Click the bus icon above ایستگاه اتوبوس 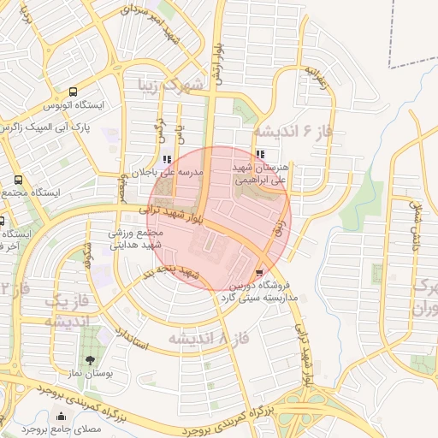(x=73, y=92)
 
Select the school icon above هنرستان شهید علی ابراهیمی (x=260, y=154)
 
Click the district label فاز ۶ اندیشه (x=292, y=131)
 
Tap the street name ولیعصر (x=124, y=183)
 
